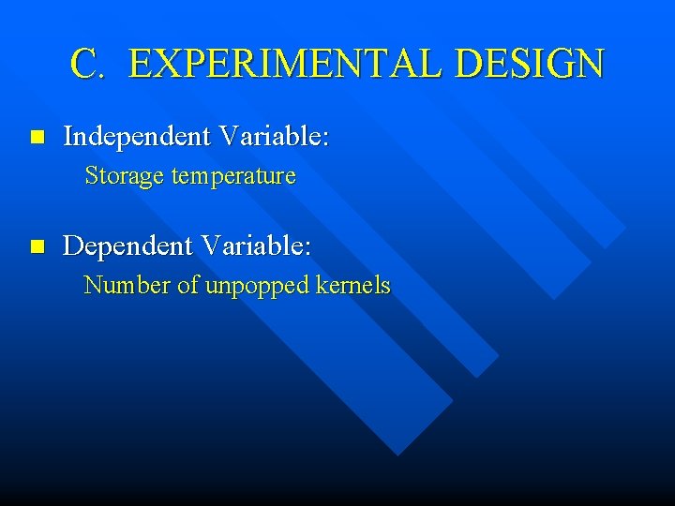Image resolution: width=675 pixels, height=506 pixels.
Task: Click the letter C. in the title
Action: point(91,64)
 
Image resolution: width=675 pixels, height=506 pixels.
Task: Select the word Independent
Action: point(137,137)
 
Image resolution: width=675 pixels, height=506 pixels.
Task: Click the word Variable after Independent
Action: point(273,137)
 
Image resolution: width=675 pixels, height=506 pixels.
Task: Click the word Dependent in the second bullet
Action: point(127,247)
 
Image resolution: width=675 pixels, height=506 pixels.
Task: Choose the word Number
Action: point(127,286)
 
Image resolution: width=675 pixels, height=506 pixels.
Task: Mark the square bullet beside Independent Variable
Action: point(37,138)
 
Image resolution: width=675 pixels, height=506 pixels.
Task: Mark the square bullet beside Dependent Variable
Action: point(37,247)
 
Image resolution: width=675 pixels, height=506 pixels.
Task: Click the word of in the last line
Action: point(188,286)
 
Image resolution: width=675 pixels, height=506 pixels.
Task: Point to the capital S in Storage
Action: point(91,176)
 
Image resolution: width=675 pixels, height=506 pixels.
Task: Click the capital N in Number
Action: point(93,286)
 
